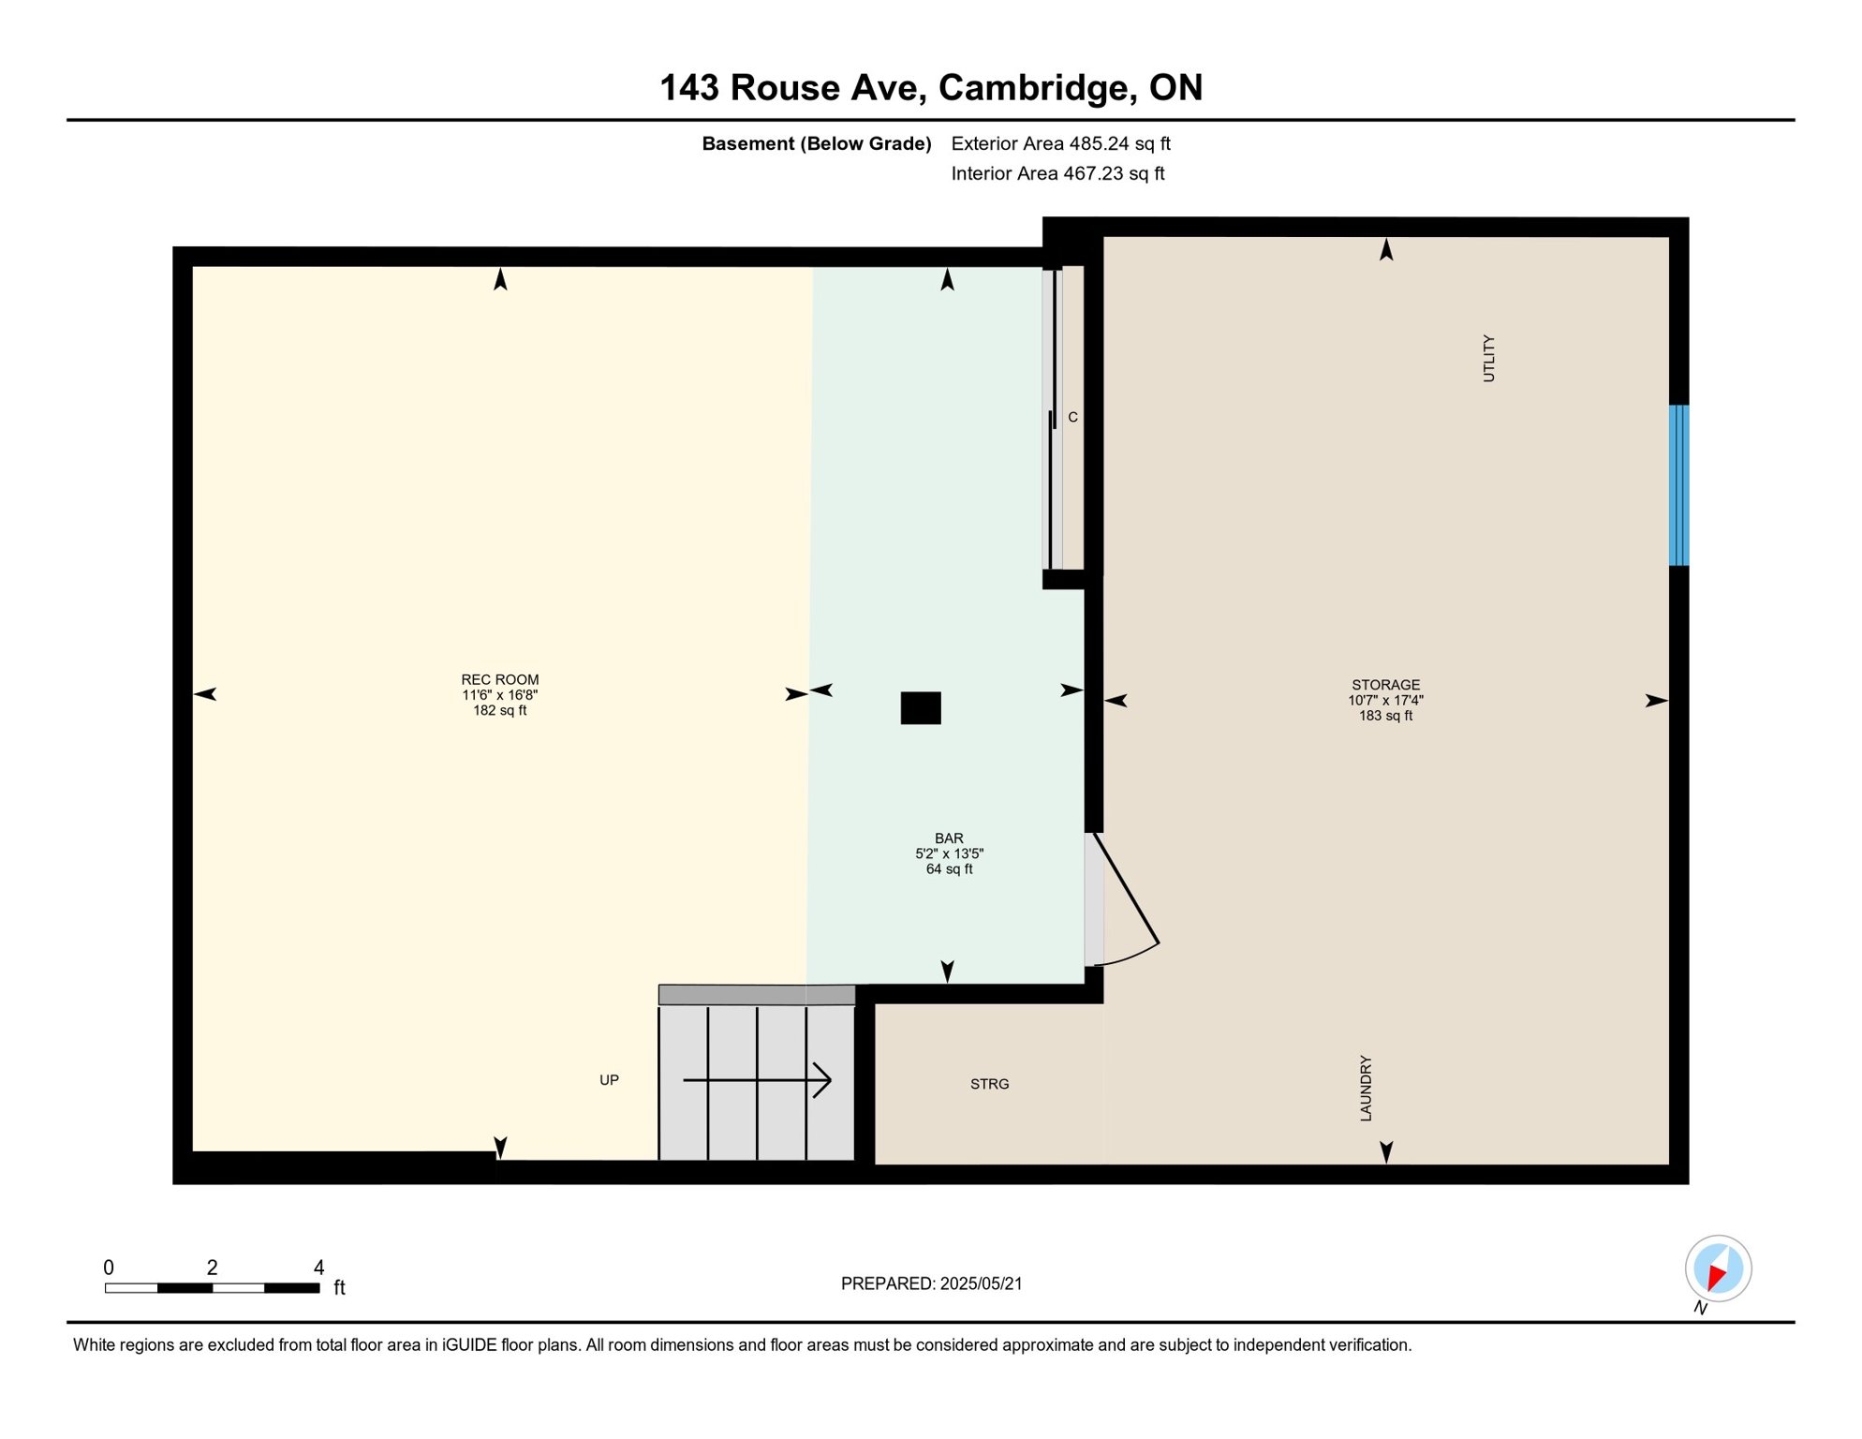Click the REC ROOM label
tap(499, 680)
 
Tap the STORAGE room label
tap(1385, 685)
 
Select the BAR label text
tap(949, 838)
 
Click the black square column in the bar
tap(921, 708)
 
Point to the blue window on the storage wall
tap(1678, 485)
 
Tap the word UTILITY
tap(1488, 358)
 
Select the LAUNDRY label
tap(1366, 1088)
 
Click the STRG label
tap(989, 1084)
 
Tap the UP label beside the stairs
tap(609, 1080)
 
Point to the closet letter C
tap(1072, 417)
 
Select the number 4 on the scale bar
tap(318, 1268)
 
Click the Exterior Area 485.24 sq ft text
tap(1060, 143)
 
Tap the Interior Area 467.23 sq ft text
tap(1057, 173)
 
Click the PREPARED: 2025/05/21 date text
tap(931, 1283)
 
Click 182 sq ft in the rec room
tap(499, 711)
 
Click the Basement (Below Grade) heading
tap(816, 143)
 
